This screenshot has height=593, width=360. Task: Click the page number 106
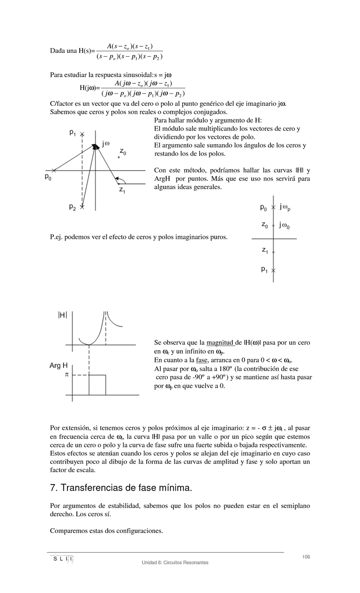pos(306,557)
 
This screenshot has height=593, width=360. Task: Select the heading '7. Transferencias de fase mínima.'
pos(121,488)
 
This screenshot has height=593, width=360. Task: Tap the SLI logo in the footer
pos(61,559)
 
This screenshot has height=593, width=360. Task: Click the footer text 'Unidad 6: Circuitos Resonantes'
pos(175,563)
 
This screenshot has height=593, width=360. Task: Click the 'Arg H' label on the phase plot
pos(59,365)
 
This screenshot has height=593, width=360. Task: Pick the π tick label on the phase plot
pos(67,375)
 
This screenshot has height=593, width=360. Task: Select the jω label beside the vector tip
pos(106,143)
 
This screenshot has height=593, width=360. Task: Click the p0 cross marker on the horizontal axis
pos(54,170)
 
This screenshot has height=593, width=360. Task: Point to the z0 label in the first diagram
pos(123,152)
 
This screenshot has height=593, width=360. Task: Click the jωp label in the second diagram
pos(285,207)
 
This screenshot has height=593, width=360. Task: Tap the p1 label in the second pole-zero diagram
pos(264,269)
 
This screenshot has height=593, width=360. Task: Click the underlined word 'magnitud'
pos(220,343)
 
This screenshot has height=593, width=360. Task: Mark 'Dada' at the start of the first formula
pos(58,50)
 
